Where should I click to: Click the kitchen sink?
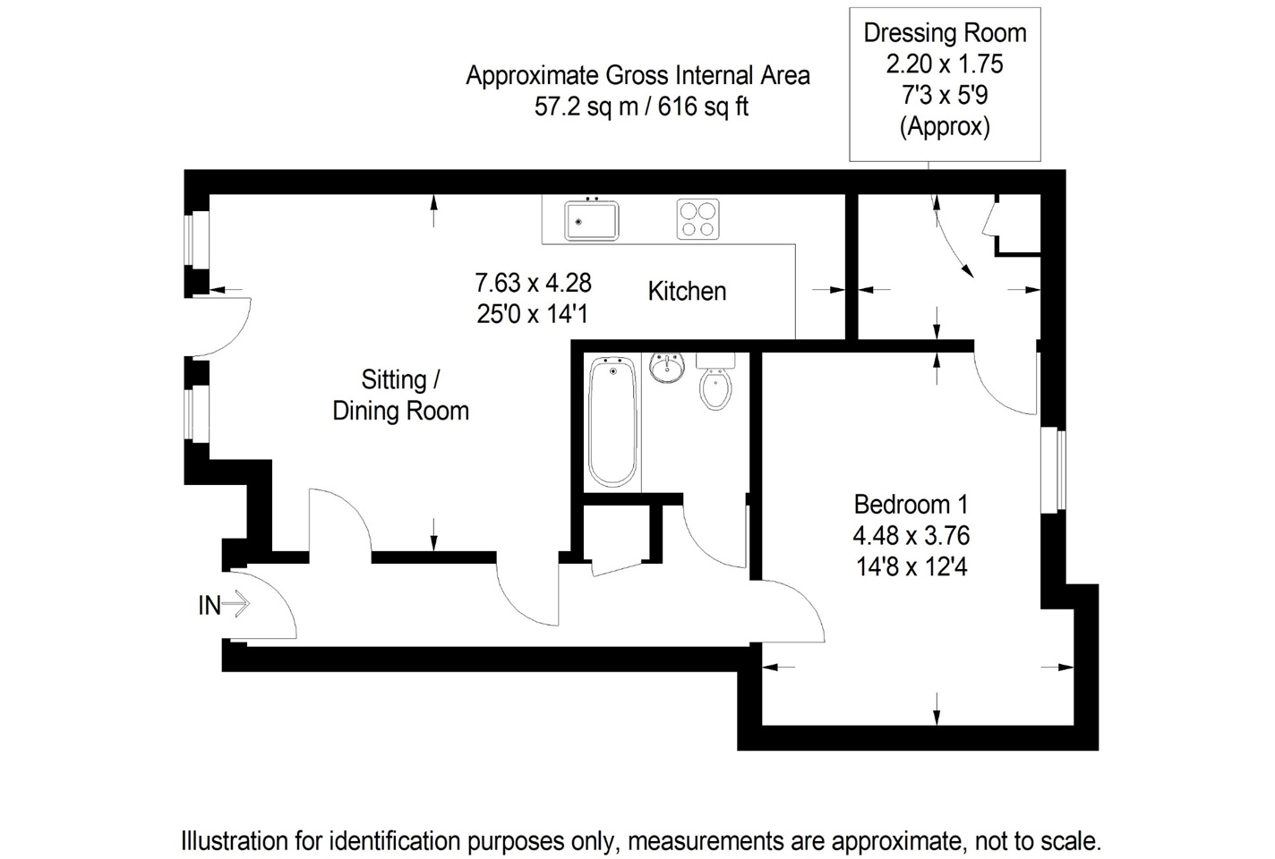point(592,220)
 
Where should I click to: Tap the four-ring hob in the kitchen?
point(697,219)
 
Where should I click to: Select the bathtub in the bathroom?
point(612,421)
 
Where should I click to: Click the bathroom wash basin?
point(666,368)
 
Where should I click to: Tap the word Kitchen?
point(687,292)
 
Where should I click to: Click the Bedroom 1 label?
point(911,504)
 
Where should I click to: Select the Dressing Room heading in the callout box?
point(945,33)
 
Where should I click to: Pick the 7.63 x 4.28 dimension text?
point(534,283)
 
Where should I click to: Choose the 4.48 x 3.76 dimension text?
point(911,535)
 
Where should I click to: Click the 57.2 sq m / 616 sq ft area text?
point(641,106)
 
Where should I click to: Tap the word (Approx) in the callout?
point(945,126)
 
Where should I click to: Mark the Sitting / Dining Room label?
point(401,395)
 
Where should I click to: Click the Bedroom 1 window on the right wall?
point(1054,470)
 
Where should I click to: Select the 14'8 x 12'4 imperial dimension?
point(911,567)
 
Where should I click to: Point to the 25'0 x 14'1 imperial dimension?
point(532,314)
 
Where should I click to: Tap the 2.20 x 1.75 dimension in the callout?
point(945,64)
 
